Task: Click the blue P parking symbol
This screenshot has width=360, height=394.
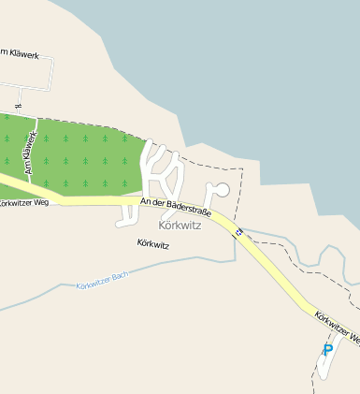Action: [327, 350]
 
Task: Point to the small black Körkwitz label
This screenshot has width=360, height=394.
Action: [152, 244]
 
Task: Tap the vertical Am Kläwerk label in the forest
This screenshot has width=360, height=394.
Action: [30, 153]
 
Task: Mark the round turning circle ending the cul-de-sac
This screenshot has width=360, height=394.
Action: [223, 189]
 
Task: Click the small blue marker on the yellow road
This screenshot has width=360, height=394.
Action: [238, 231]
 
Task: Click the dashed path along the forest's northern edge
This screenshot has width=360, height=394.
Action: [94, 122]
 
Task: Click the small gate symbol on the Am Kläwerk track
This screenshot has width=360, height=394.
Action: [18, 106]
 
